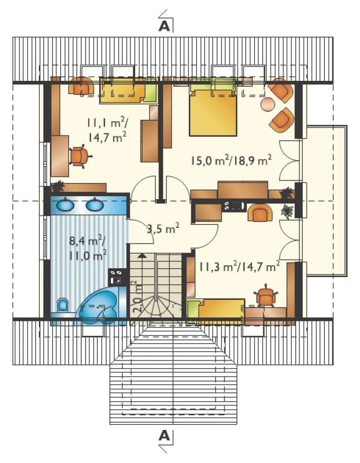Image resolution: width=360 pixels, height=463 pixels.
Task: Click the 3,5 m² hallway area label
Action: tap(163, 228)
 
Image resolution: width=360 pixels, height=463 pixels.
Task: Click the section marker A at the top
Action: tap(164, 26)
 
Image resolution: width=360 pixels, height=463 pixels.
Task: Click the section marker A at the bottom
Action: tap(164, 436)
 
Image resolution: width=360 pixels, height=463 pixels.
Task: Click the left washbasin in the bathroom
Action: tap(65, 204)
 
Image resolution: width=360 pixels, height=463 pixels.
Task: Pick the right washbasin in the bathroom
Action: tap(95, 204)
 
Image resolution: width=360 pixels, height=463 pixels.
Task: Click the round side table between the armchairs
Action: tap(268, 104)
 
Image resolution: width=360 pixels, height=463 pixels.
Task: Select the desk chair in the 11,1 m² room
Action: tap(79, 156)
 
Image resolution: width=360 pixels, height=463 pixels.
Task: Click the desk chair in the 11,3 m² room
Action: tap(266, 296)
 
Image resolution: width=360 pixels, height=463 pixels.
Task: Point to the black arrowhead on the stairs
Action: tap(142, 256)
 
